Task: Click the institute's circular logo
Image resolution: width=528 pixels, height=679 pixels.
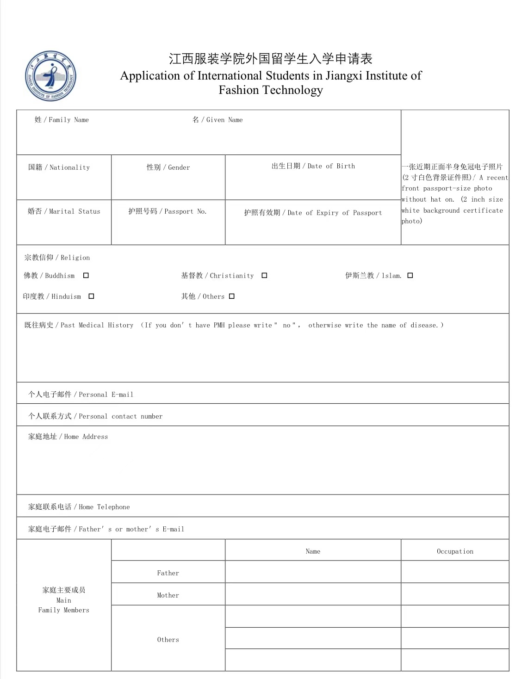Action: tap(50, 76)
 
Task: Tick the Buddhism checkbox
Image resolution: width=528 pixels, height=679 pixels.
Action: tap(86, 276)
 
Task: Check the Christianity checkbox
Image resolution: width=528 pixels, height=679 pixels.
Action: tap(264, 276)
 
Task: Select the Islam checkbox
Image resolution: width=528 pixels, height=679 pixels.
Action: tap(410, 276)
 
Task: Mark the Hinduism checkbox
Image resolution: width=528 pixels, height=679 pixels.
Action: tap(91, 296)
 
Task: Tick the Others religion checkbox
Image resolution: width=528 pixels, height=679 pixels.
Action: tap(232, 296)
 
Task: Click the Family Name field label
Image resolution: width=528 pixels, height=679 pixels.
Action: tap(62, 120)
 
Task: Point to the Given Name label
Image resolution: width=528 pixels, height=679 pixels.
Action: tap(217, 120)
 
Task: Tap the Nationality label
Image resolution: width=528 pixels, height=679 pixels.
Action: tap(59, 167)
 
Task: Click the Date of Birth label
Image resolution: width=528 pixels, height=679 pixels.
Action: tap(313, 166)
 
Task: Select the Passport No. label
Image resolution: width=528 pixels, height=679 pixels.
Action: tap(168, 211)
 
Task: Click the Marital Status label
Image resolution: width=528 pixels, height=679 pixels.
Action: tap(64, 211)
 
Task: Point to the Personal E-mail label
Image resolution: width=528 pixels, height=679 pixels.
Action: tap(81, 395)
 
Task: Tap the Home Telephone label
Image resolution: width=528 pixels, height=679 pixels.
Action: tap(79, 507)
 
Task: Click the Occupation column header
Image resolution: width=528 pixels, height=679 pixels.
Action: tap(455, 551)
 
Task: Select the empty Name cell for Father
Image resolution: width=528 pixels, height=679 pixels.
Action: tap(313, 572)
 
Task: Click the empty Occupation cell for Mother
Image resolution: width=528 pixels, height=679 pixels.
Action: tap(455, 594)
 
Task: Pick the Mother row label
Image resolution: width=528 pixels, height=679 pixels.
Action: tap(168, 595)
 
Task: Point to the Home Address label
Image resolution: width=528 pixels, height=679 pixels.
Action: tap(68, 437)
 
